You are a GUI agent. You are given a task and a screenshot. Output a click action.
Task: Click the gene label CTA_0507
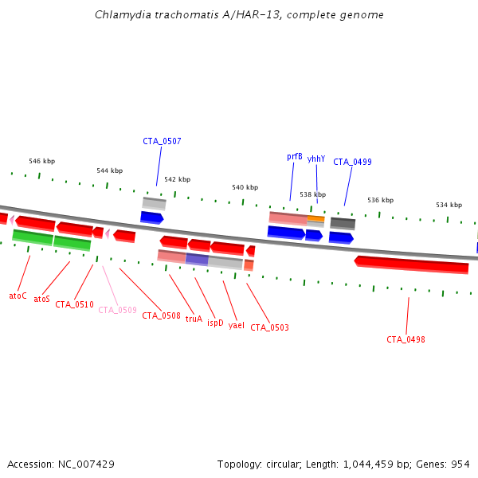click(162, 141)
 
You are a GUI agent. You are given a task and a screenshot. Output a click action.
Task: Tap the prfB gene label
click(295, 157)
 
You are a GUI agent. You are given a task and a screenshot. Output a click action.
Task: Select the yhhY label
click(316, 159)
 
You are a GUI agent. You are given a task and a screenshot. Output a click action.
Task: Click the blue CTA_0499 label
click(352, 162)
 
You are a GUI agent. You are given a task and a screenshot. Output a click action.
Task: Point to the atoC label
click(18, 296)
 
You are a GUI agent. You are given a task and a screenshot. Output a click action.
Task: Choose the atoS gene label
click(41, 300)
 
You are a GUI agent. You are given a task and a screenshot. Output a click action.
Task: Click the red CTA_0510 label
click(74, 304)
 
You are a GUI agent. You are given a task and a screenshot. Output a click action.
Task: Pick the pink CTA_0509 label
click(117, 310)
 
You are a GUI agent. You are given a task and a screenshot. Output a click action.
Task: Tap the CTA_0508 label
click(161, 315)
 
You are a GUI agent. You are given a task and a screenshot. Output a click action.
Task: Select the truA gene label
click(194, 319)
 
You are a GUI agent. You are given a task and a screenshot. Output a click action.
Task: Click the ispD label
click(215, 323)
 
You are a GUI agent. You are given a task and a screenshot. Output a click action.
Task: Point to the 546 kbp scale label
click(41, 161)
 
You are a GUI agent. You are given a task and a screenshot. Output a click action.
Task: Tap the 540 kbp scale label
click(245, 187)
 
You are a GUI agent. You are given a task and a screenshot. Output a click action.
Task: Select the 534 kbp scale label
click(449, 205)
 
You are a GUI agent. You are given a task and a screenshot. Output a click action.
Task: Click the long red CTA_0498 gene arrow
click(411, 264)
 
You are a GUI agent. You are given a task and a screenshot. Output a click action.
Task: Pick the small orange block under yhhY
click(315, 218)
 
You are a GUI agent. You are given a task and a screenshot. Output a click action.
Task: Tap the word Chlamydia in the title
click(116, 14)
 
